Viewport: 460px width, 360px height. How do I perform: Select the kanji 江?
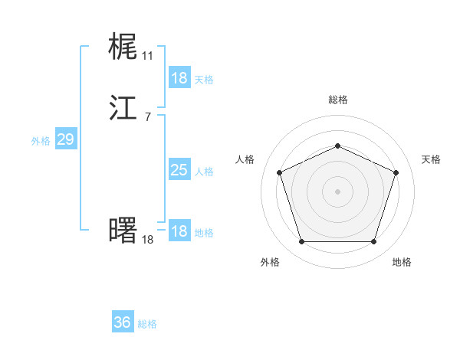[123, 108]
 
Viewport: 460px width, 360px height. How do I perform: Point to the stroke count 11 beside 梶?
[147, 56]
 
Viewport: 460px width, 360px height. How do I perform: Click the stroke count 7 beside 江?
[147, 117]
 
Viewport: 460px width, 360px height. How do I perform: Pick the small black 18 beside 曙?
[147, 240]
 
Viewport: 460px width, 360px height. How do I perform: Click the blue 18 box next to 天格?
[179, 78]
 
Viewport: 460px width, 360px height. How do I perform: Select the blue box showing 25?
[179, 170]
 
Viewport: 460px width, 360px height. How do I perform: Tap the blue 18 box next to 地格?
[179, 231]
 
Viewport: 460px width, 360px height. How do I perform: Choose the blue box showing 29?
[65, 139]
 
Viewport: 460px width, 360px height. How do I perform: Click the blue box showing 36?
[123, 322]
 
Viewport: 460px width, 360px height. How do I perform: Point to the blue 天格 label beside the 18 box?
[204, 80]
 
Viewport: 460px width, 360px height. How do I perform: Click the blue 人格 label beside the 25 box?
[204, 172]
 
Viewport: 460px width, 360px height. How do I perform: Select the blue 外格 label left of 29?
[41, 141]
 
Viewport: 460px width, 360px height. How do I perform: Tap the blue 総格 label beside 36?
[148, 324]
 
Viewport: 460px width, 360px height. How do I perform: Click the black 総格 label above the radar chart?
[337, 100]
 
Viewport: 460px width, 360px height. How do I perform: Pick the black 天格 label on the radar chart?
[431, 159]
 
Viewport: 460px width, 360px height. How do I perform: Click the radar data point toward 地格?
[373, 241]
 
